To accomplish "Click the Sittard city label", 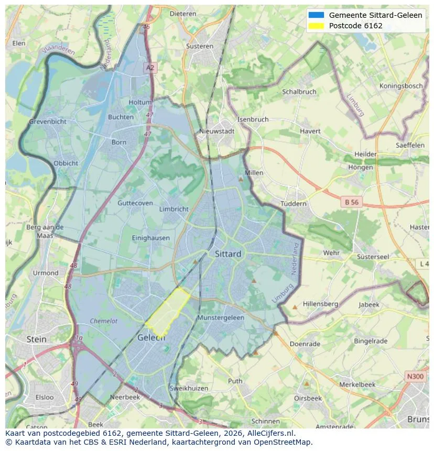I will pyautogui.click(x=228, y=254).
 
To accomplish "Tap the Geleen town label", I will pyautogui.click(x=151, y=338).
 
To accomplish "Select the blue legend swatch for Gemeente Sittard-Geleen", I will pyautogui.click(x=317, y=15).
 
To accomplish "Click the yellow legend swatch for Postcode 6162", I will pyautogui.click(x=317, y=26).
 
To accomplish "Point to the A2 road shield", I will pyautogui.click(x=150, y=68).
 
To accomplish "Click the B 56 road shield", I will pyautogui.click(x=352, y=202).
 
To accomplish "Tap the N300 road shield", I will pyautogui.click(x=416, y=376).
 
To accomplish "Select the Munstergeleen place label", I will pyautogui.click(x=221, y=318).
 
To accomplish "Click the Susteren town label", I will pyautogui.click(x=200, y=46).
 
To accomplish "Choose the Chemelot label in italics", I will pyautogui.click(x=103, y=321).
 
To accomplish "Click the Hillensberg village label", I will pyautogui.click(x=320, y=304).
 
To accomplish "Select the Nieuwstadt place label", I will pyautogui.click(x=217, y=131).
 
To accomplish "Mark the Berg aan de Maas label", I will pyautogui.click(x=45, y=231).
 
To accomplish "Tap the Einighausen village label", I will pyautogui.click(x=151, y=238).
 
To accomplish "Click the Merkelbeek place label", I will pyautogui.click(x=357, y=384).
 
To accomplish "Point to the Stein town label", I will pyautogui.click(x=36, y=339).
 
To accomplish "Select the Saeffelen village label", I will pyautogui.click(x=410, y=145).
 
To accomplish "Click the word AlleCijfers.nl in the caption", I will pyautogui.click(x=269, y=433).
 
